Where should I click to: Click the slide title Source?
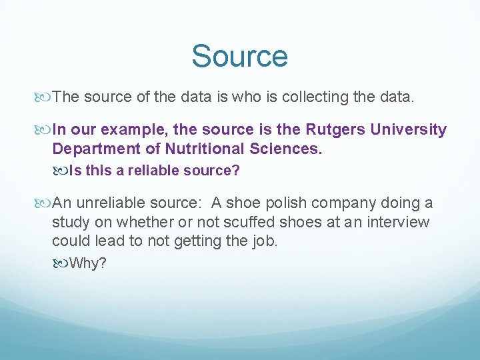239,57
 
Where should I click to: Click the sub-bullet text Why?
87,263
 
